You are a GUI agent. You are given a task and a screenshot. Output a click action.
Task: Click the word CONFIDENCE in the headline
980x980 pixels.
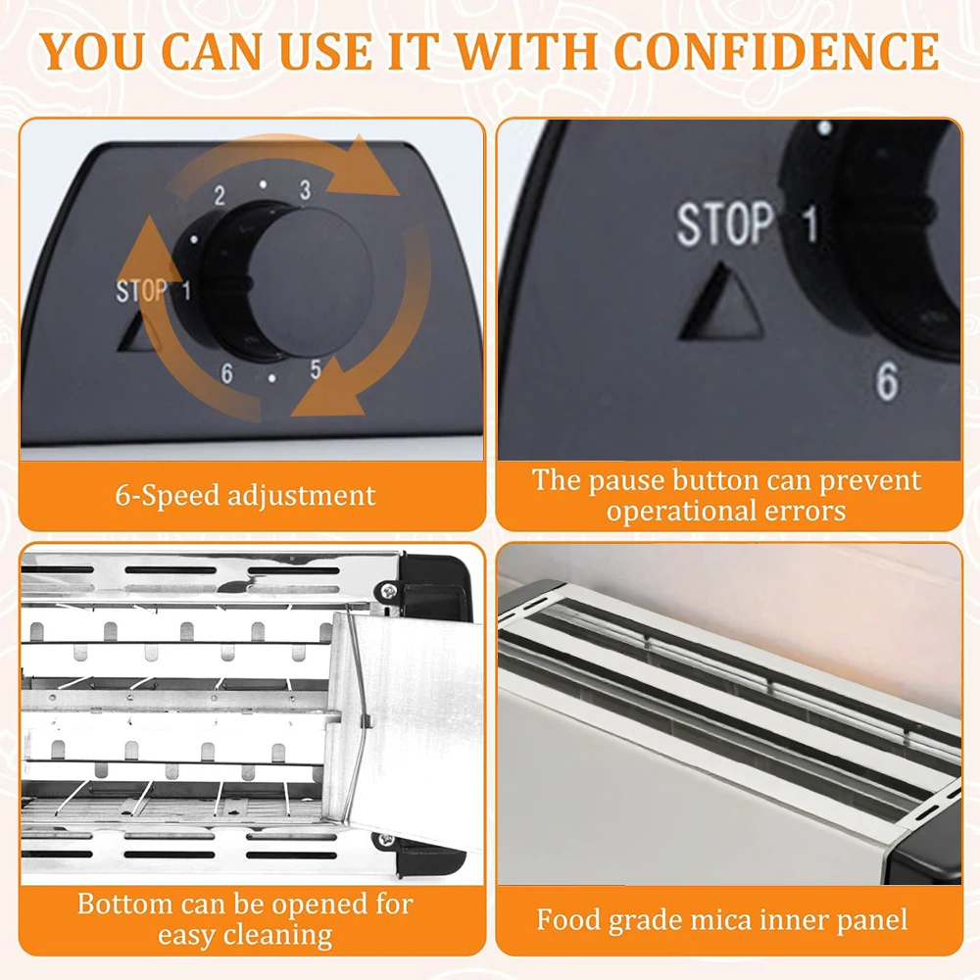pos(776,51)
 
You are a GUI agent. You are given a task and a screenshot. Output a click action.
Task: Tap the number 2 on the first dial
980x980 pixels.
pos(219,196)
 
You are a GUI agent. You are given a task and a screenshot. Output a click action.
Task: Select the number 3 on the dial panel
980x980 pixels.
pos(305,189)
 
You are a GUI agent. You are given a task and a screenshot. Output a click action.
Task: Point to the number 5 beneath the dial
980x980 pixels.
pos(316,368)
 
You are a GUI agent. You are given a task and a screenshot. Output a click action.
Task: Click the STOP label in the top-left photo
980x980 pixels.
pos(142,291)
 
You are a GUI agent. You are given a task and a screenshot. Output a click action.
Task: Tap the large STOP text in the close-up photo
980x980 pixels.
pos(725,223)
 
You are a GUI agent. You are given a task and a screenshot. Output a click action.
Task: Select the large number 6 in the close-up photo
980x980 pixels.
pos(887,380)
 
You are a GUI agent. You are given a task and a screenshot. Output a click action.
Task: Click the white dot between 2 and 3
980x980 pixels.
pos(263,184)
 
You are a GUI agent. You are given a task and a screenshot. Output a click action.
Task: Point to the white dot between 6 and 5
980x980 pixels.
pos(271,378)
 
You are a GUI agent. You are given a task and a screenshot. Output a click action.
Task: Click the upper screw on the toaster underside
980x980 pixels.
pos(387,589)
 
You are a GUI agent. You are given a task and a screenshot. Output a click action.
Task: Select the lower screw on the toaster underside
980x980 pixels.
pos(384,841)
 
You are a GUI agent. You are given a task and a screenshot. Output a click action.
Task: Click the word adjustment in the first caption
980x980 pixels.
pos(301,496)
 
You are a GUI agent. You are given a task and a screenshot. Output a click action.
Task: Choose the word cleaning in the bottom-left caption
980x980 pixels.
pos(277,936)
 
